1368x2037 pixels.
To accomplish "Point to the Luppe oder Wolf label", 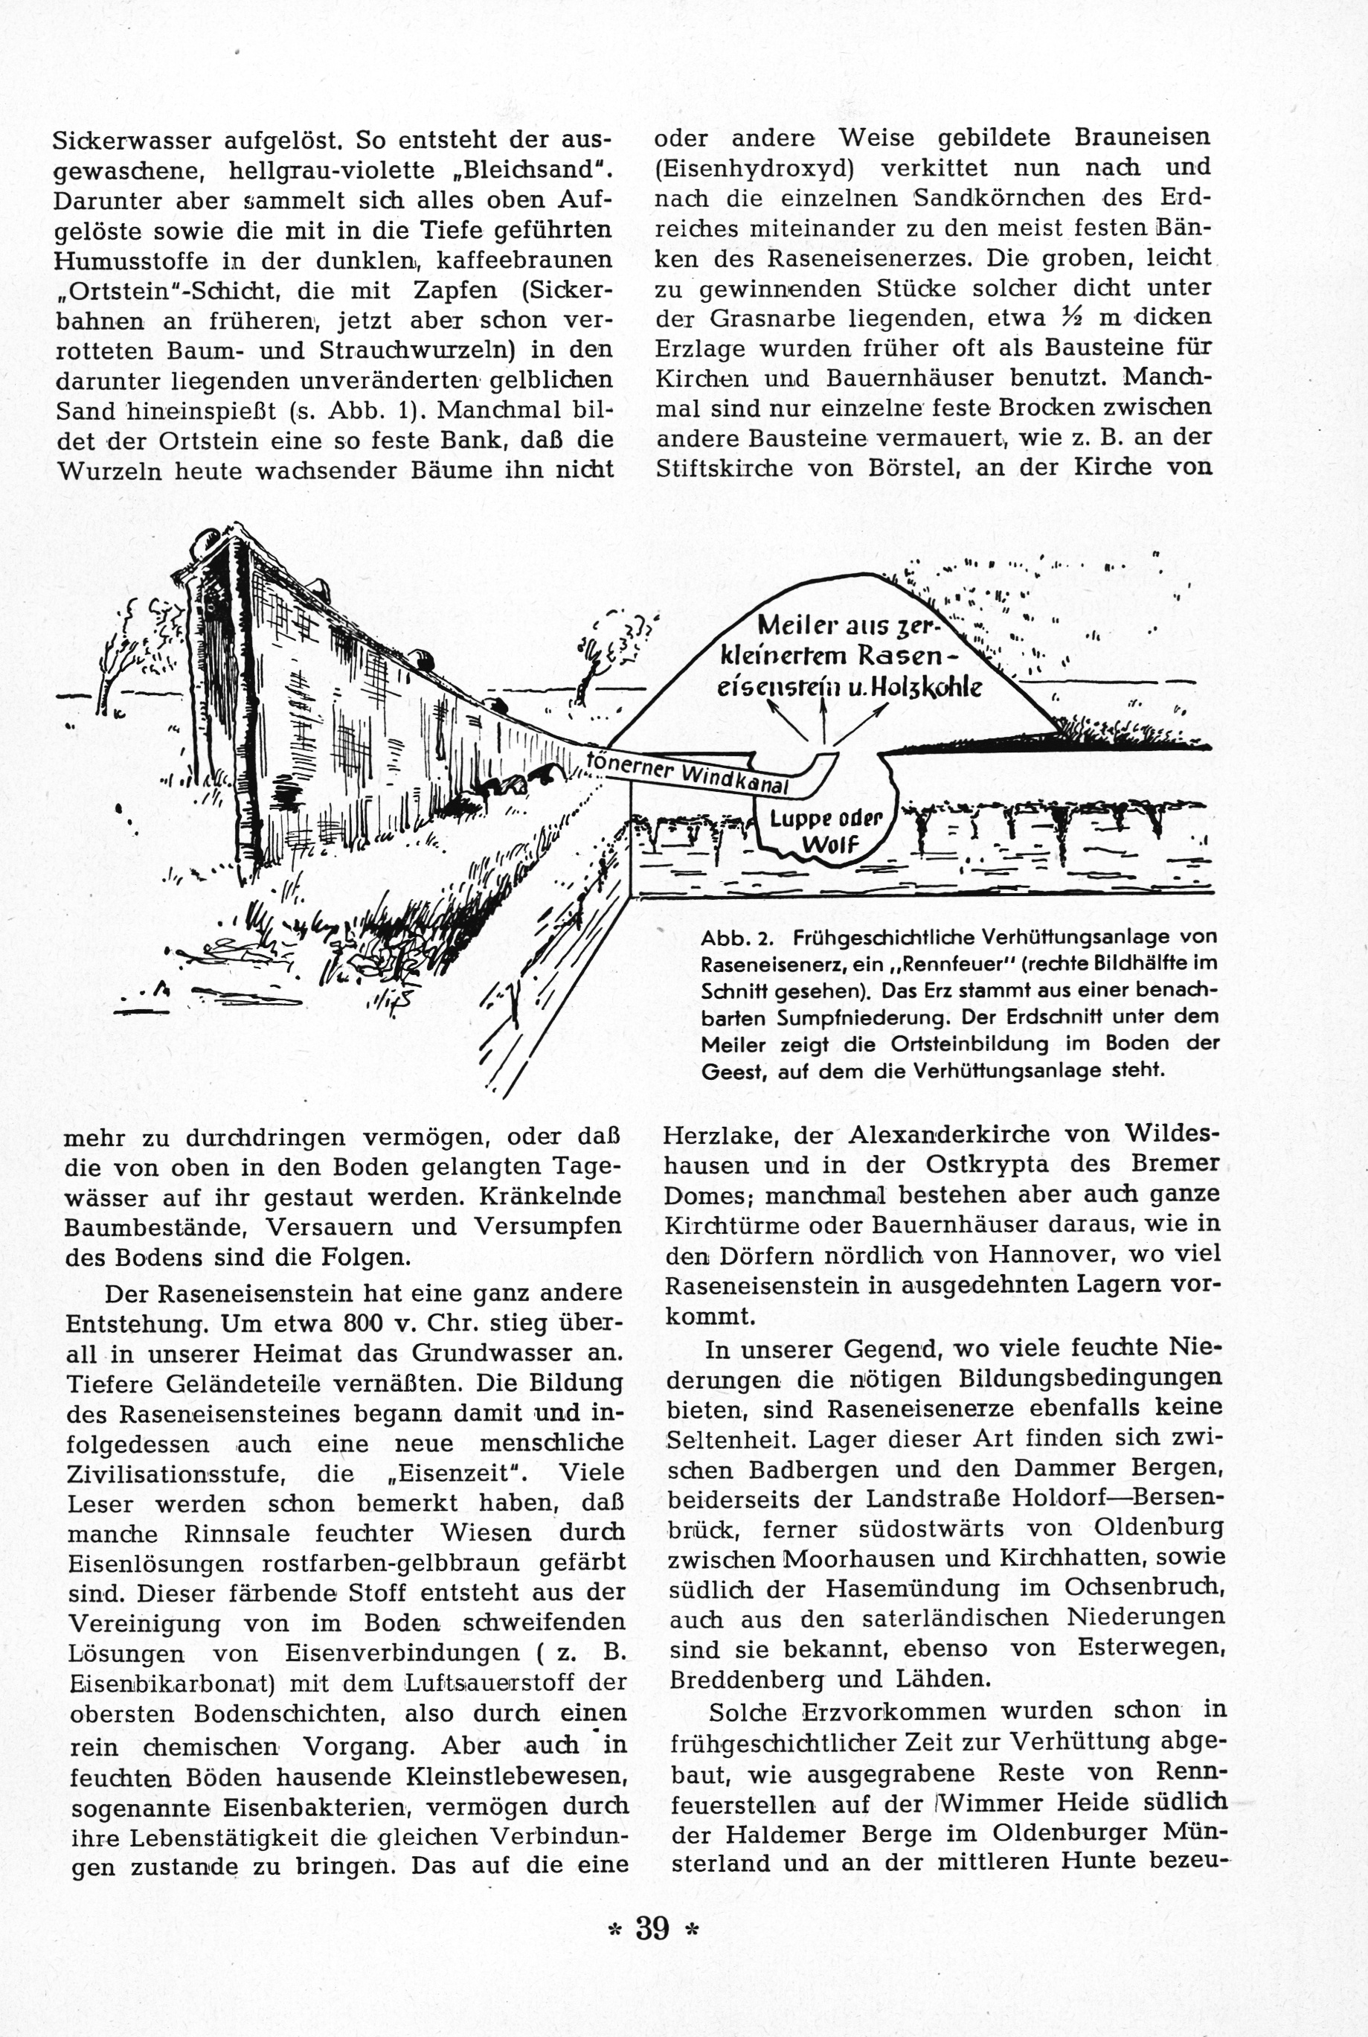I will click(x=824, y=831).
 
